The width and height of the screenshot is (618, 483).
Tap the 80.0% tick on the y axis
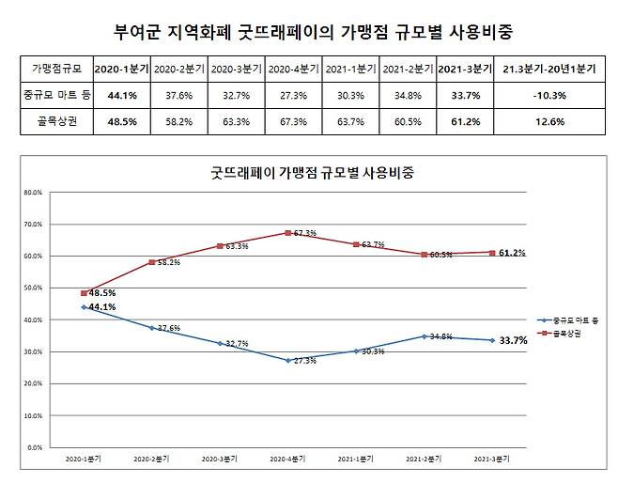point(30,193)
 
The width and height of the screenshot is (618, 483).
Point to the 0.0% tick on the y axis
point(32,447)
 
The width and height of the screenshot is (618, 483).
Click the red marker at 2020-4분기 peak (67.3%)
point(288,233)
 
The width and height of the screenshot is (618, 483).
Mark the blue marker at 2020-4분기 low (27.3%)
point(288,360)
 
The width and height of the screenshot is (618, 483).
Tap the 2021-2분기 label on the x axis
point(425,460)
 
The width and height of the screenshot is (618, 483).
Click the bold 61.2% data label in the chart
point(512,253)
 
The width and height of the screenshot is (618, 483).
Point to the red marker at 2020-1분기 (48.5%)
point(84,293)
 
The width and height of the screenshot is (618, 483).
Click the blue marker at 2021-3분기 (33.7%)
point(493,340)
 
